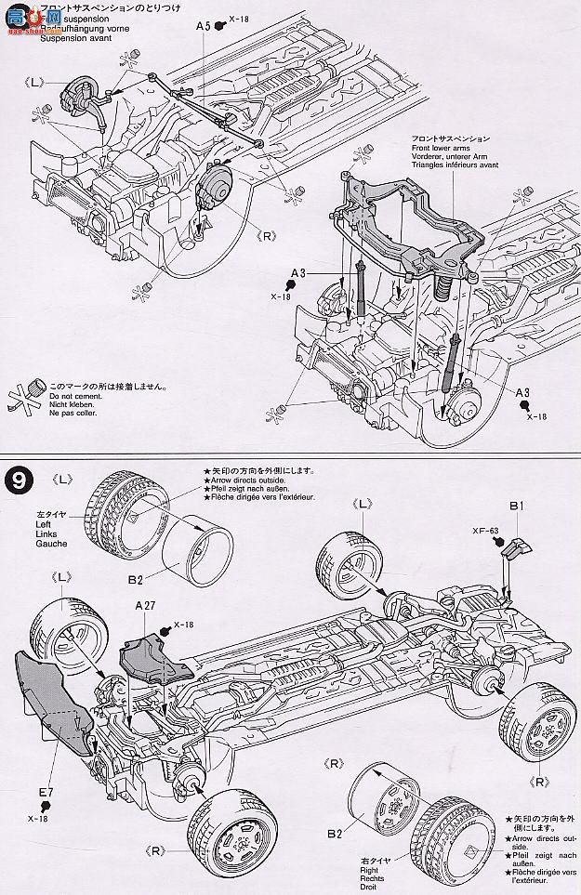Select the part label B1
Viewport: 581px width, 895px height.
coord(518,506)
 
